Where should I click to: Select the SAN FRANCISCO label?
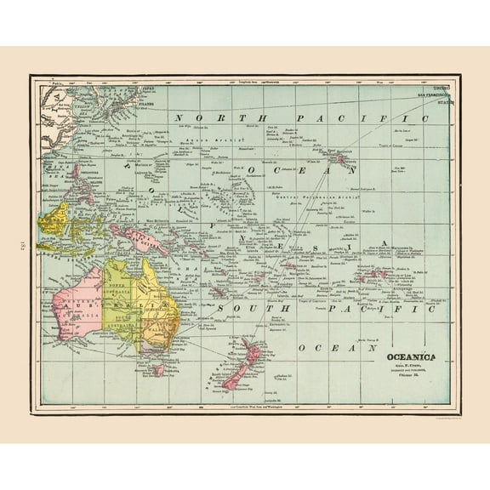[x=428, y=93]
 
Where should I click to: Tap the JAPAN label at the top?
[x=148, y=88]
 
